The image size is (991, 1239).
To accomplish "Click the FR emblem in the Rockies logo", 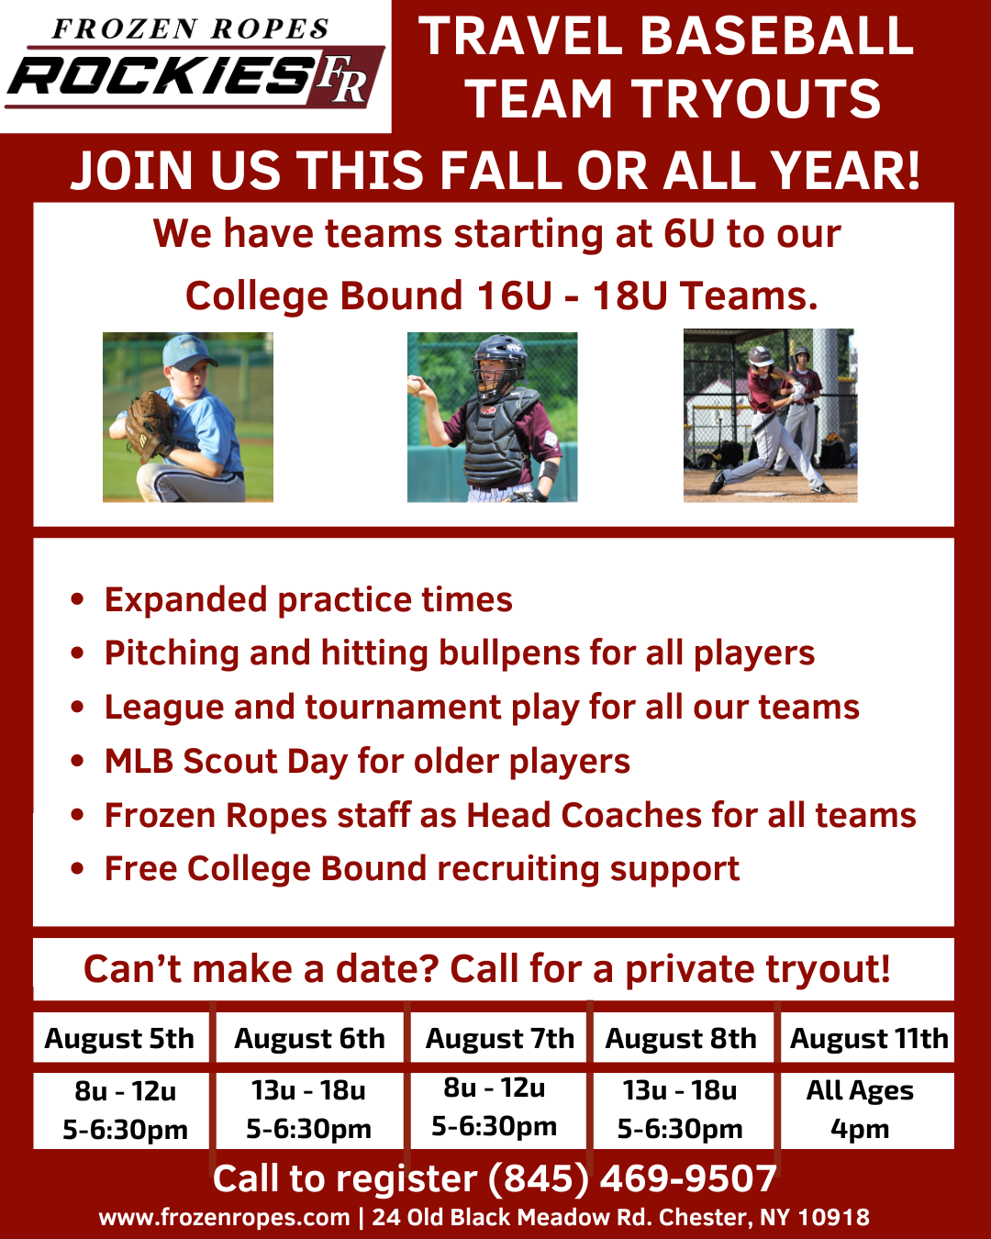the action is coord(343,79).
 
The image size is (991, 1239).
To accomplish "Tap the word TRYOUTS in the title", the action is coord(756,99).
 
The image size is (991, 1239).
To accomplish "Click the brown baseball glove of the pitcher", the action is coord(148,424).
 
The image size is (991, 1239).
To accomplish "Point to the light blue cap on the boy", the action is coord(188,352).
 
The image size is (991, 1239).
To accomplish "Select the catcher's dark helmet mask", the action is coord(498,366).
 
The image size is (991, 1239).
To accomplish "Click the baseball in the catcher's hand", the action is coord(414,385).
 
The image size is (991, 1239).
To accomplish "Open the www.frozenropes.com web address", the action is coord(225,1218).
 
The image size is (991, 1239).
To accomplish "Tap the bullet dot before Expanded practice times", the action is coord(77,598).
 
